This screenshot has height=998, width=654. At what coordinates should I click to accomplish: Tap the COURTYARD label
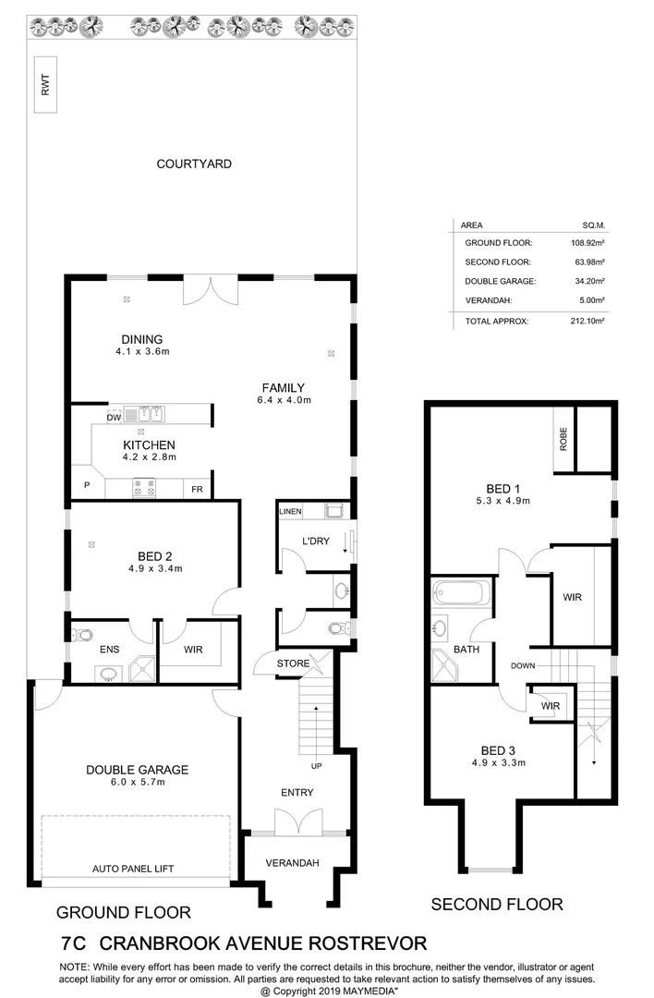point(194,164)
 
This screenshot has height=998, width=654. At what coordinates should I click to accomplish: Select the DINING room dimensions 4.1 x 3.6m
point(142,352)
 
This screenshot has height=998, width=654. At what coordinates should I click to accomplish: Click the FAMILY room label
point(283,387)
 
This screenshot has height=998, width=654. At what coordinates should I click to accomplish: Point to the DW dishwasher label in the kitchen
point(114,419)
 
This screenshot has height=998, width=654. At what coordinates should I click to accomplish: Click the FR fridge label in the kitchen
point(198,489)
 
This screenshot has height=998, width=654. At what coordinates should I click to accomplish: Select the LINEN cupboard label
point(291,511)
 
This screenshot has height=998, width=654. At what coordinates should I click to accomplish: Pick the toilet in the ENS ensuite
point(82,635)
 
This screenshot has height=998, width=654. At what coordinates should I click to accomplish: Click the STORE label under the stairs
point(293,663)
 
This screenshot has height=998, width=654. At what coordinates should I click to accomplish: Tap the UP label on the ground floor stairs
point(316,766)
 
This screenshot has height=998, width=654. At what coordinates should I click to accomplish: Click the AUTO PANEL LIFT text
point(133,869)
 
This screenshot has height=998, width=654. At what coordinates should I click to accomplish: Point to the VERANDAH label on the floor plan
point(292,862)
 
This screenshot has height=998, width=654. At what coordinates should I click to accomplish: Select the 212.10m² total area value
point(587,322)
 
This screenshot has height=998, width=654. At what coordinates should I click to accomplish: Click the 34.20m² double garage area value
point(588,281)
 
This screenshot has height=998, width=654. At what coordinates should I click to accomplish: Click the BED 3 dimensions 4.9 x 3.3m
point(498,762)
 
